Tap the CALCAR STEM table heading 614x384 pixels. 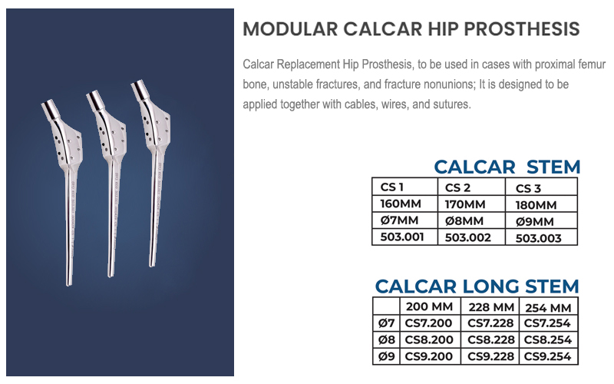(507, 167)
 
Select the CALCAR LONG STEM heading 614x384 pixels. (477, 286)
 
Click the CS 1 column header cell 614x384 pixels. (404, 187)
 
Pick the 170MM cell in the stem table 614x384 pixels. (471, 204)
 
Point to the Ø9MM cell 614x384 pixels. (541, 221)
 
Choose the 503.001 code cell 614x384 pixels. (404, 237)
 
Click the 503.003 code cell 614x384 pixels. (541, 238)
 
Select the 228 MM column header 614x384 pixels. (491, 307)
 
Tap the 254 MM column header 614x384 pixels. (548, 308)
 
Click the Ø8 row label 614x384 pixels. (387, 339)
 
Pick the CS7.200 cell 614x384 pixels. (428, 323)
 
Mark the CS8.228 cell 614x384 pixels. (490, 339)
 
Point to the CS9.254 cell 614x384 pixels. (547, 356)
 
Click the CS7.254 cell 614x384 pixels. (547, 323)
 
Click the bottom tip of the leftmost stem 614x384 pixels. (69, 285)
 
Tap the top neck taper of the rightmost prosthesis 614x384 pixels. (140, 90)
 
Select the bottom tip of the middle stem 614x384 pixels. (111, 276)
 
